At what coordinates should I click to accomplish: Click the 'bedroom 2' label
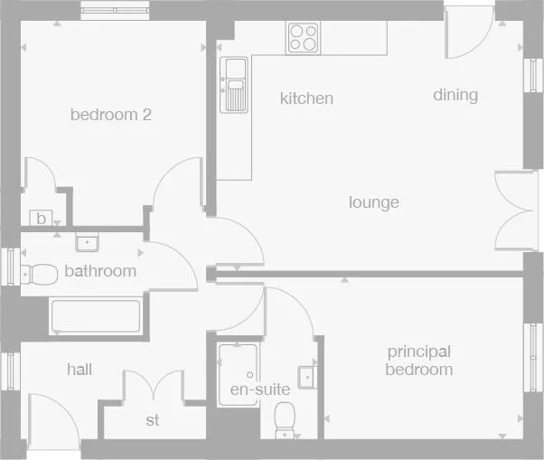(110, 115)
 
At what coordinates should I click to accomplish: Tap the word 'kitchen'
(306, 99)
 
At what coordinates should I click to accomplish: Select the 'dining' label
(455, 95)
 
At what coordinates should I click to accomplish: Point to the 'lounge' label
(374, 202)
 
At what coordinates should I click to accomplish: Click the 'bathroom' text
(100, 271)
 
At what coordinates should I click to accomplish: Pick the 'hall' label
(80, 370)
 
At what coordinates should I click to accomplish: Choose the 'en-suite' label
(259, 390)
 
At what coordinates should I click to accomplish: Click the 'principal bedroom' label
(418, 361)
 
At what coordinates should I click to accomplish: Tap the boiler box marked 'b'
(41, 218)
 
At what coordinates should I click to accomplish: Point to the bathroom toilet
(37, 270)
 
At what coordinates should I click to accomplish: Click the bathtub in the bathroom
(96, 316)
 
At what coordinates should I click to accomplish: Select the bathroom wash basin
(88, 241)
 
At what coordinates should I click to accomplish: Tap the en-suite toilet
(286, 419)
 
